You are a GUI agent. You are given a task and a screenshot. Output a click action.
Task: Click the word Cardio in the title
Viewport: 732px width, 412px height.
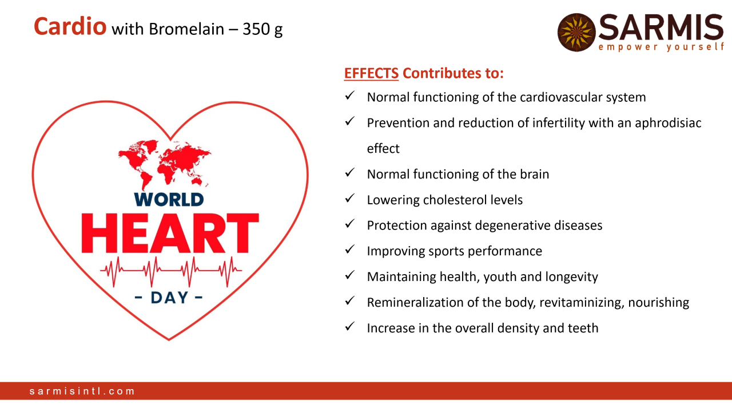click(70, 26)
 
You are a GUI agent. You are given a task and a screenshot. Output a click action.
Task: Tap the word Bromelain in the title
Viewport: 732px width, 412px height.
click(186, 29)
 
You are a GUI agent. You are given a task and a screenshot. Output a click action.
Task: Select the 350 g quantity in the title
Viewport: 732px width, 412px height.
click(262, 29)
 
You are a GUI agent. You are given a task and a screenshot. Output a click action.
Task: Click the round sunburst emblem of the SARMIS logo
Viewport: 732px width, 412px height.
click(576, 32)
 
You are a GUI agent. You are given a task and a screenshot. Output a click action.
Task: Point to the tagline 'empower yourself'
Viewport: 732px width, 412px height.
click(662, 47)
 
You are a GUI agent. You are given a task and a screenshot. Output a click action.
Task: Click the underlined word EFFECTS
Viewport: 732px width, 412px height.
click(371, 73)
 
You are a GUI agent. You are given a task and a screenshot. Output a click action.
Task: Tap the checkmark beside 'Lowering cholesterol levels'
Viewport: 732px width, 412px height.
click(349, 198)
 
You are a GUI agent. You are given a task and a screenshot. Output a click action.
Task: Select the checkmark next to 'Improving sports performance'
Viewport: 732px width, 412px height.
click(349, 249)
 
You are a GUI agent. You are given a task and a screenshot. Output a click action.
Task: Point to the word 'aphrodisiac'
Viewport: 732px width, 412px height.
click(668, 123)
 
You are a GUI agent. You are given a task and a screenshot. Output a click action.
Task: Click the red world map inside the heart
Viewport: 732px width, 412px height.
click(165, 164)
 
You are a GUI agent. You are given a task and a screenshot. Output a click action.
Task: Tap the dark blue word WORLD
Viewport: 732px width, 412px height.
click(169, 200)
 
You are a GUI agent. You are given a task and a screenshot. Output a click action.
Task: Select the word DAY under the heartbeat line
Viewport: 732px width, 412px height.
click(169, 298)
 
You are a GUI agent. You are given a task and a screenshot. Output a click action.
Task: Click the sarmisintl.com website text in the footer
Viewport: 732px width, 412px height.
click(82, 391)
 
